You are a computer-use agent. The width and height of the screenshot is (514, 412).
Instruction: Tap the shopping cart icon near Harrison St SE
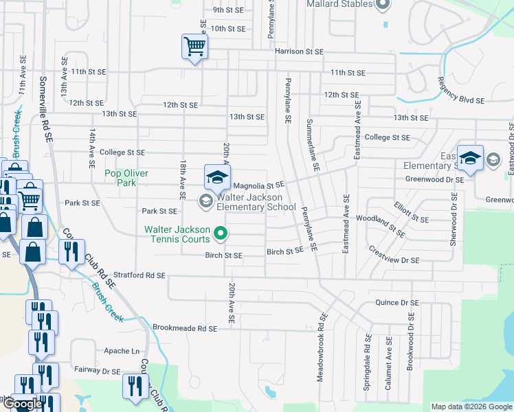pos(195,47)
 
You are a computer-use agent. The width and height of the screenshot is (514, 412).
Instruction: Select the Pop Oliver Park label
pos(126,178)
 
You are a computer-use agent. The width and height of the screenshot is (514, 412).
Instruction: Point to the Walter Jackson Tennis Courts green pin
pos(221,234)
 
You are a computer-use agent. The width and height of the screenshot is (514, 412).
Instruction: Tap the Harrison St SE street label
pos(299,51)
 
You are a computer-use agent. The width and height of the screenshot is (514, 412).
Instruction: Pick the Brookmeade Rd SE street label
pos(185,329)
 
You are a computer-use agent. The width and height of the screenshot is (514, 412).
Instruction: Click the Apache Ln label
pos(121,351)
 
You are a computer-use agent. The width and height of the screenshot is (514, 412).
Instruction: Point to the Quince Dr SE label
pos(396,303)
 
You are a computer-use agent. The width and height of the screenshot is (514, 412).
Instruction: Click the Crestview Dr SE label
pos(394,255)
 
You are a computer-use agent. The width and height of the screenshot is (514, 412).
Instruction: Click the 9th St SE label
pos(228,10)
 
